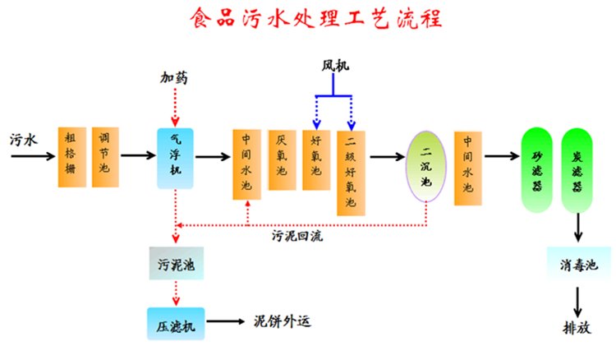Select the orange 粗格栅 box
71,156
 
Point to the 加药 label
174,78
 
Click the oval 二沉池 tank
426,164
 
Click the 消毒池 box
578,265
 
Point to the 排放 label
577,326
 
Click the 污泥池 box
174,265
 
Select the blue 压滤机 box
174,322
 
